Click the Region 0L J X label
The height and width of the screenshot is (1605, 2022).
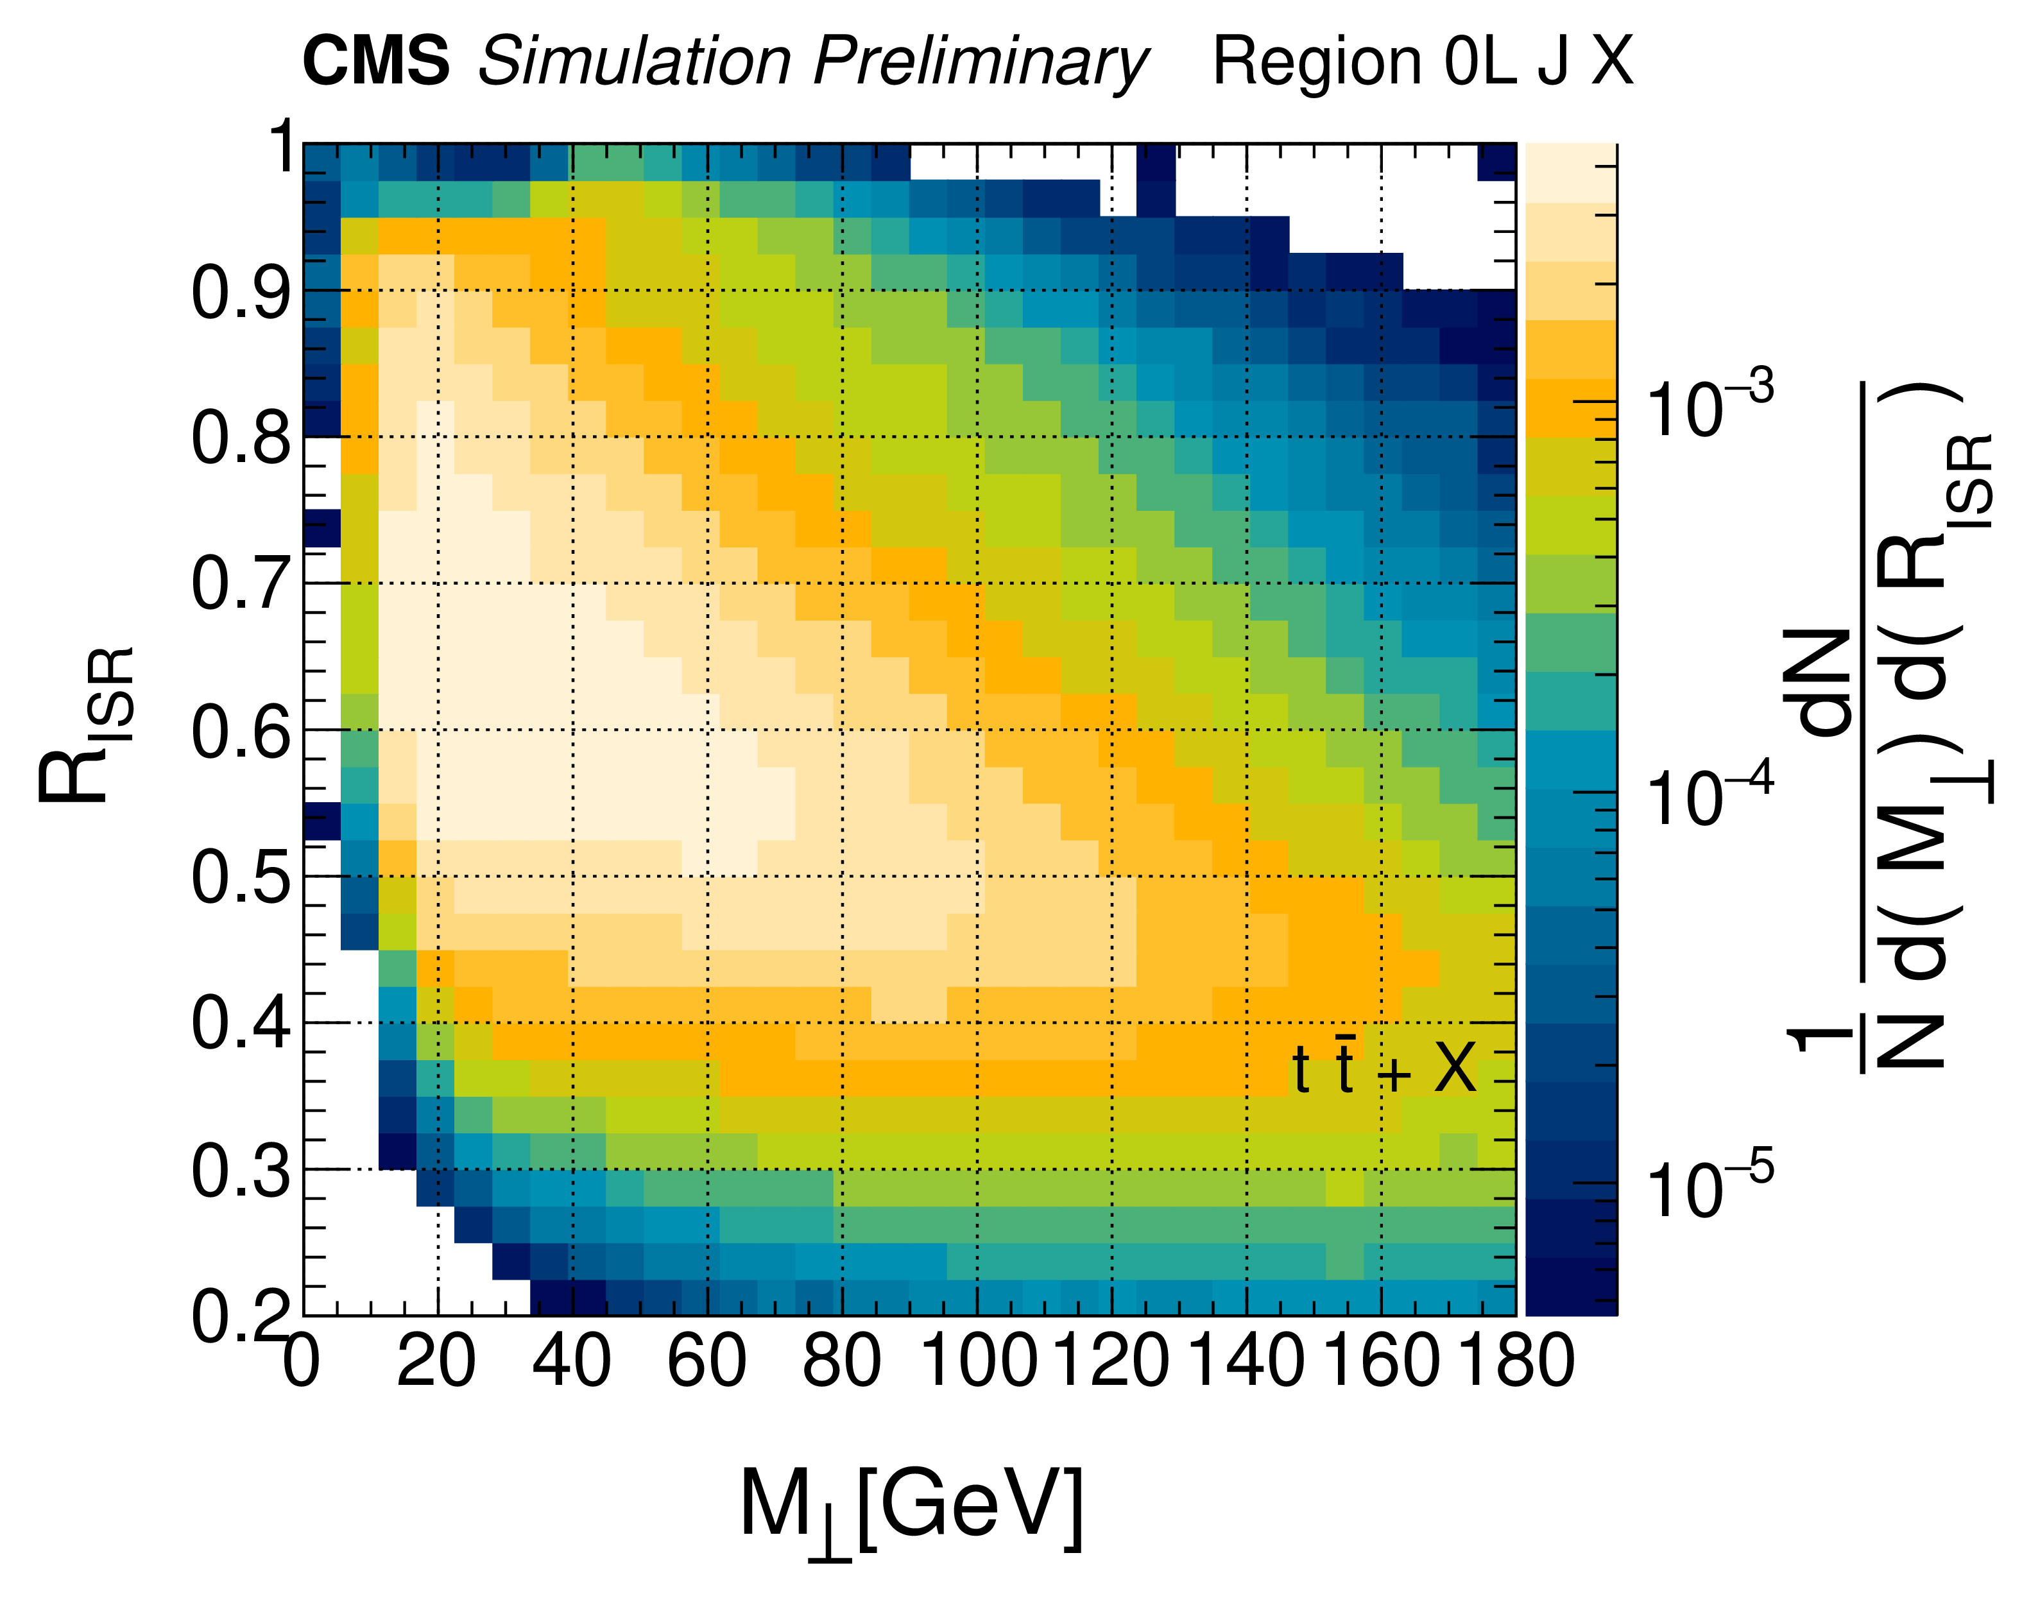click(x=1422, y=62)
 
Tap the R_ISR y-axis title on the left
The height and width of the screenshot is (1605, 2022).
click(x=86, y=724)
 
